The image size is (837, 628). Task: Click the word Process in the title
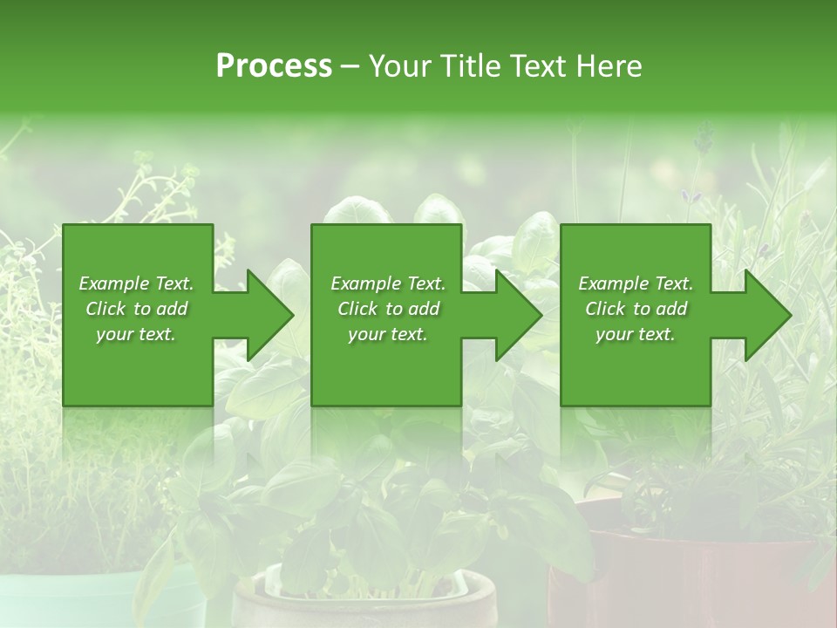click(x=274, y=66)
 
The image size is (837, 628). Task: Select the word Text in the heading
click(x=540, y=66)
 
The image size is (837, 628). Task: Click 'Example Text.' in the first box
click(x=136, y=283)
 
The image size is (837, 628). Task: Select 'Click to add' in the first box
click(x=136, y=309)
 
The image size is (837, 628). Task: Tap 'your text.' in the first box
click(x=136, y=334)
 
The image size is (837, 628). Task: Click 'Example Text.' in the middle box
click(x=388, y=283)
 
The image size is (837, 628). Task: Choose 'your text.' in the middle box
click(x=388, y=334)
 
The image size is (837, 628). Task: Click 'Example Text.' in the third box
click(x=636, y=283)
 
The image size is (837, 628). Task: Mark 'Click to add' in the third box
click(x=636, y=309)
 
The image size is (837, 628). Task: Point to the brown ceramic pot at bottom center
click(x=366, y=606)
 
